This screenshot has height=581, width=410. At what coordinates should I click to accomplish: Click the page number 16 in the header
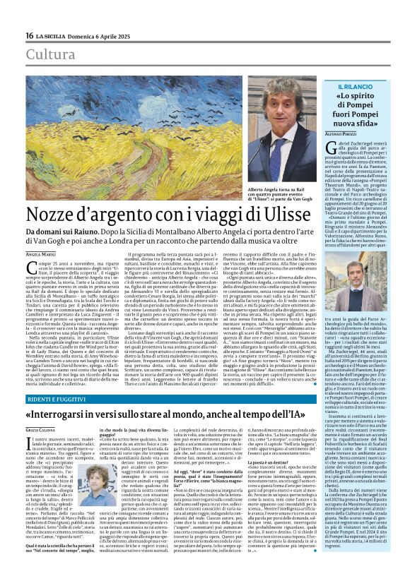(x=29, y=35)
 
